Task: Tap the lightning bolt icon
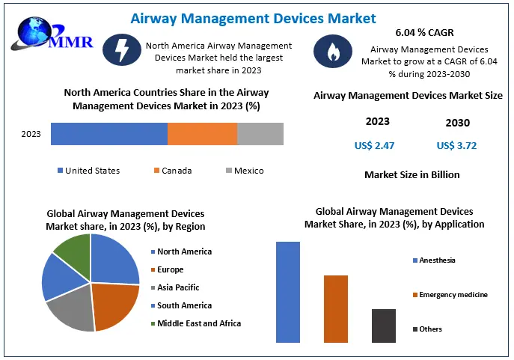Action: point(120,51)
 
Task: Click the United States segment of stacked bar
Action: point(109,134)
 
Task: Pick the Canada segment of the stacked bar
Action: point(202,134)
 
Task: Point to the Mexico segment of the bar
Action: point(260,134)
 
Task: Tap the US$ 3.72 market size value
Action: point(456,145)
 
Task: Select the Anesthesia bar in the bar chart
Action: point(288,292)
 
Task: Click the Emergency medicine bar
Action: point(336,308)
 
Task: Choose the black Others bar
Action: point(383,326)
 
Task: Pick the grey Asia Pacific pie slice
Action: point(71,308)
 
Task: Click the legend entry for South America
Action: point(183,305)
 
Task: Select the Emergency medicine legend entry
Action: point(453,295)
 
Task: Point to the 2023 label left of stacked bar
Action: point(31,135)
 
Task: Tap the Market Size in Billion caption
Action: point(412,174)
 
